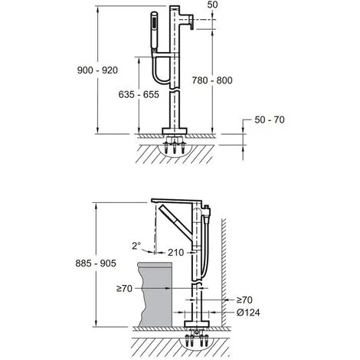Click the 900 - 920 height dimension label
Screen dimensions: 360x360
97,70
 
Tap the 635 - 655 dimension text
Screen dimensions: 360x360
139,94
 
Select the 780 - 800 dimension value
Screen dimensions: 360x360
212,80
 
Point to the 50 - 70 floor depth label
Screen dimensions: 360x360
270,119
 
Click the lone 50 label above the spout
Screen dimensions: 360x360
212,5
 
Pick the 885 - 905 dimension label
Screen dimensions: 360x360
96,263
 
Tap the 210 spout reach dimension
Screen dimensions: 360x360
175,253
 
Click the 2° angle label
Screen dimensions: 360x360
136,246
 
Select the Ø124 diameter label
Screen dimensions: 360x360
248,313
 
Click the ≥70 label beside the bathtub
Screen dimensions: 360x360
124,289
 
